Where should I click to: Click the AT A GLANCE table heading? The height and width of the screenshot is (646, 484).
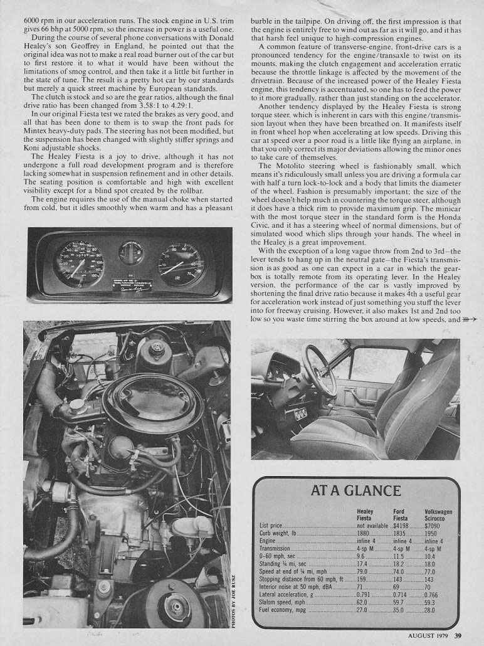point(355,491)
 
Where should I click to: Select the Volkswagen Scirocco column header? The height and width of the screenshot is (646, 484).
point(438,515)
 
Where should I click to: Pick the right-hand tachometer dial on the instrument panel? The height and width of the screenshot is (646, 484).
point(181,264)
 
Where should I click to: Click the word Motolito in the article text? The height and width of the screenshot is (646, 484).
point(291,165)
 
